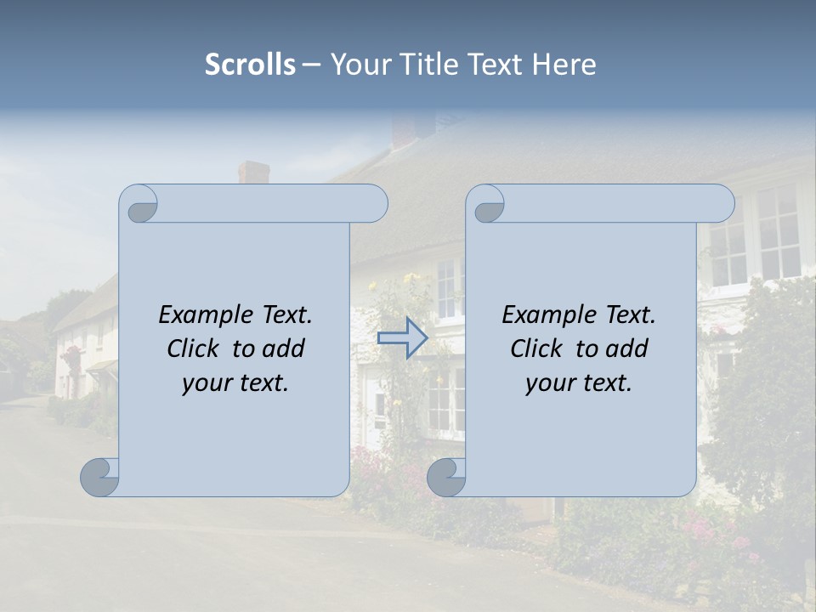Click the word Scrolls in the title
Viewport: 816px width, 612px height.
[x=250, y=65]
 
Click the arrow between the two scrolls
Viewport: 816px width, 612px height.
[x=402, y=337]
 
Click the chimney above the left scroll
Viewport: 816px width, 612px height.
[x=253, y=172]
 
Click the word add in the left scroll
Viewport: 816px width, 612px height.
[x=285, y=349]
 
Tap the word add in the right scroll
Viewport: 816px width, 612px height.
[x=628, y=349]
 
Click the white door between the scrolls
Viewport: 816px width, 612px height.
[x=376, y=408]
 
